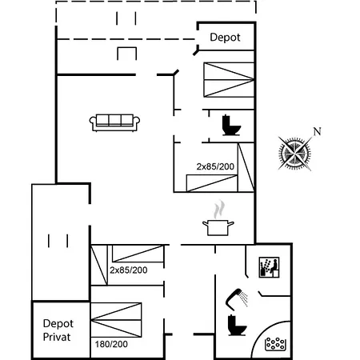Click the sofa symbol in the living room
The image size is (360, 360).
(114, 122)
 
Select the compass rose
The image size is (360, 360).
(294, 154)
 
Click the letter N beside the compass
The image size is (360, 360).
(317, 131)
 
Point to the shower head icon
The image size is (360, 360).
(233, 298)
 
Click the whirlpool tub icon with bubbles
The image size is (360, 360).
(276, 344)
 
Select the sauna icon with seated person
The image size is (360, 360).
(269, 267)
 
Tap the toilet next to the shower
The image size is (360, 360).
(237, 325)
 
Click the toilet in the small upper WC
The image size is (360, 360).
(231, 125)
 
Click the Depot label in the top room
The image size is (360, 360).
(225, 38)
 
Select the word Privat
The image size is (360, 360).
(57, 337)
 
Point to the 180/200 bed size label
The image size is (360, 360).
(111, 344)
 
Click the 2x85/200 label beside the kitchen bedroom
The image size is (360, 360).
(215, 166)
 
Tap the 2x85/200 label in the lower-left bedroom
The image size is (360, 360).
(129, 270)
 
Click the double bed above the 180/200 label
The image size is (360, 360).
(116, 320)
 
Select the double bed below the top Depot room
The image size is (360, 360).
(229, 79)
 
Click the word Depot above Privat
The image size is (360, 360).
(58, 324)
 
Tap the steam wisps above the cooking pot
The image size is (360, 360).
(218, 210)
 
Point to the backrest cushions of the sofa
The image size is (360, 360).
(114, 120)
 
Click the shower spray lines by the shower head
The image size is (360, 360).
(244, 299)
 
